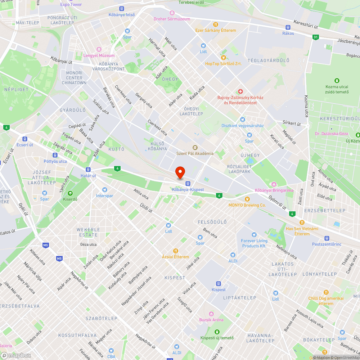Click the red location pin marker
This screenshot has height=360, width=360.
point(180,172)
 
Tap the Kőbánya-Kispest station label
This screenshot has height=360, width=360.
point(188,190)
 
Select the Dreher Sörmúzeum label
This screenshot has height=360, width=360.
point(172,19)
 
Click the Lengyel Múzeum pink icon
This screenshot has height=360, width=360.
point(99,49)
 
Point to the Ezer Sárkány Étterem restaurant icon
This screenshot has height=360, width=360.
point(215,24)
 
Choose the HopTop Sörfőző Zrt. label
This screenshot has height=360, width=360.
point(223,64)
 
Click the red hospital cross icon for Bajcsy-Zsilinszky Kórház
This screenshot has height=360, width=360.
point(241,92)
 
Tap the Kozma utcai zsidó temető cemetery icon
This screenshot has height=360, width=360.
point(337,81)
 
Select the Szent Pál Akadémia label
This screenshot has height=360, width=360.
point(195,153)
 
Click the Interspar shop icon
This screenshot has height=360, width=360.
point(104,190)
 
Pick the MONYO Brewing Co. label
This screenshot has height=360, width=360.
point(247,205)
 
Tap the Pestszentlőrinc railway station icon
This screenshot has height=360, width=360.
point(327,238)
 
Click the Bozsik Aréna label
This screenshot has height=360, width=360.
point(211,320)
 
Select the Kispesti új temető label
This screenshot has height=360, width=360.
point(217,338)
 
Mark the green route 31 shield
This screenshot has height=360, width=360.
point(316,37)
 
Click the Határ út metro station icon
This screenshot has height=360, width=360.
point(88,170)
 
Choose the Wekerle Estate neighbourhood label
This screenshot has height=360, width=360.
point(87,232)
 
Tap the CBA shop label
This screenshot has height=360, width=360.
point(111,356)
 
